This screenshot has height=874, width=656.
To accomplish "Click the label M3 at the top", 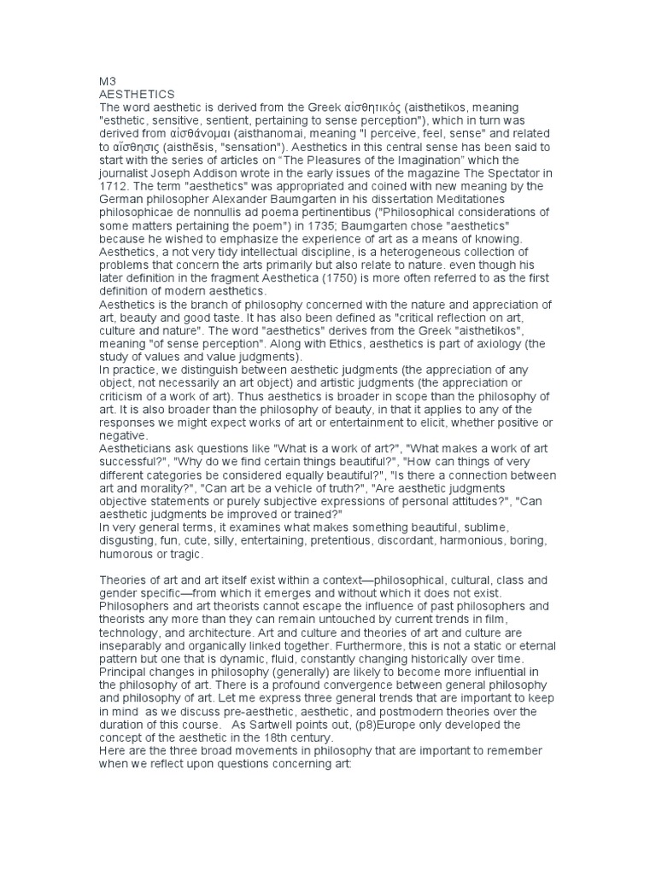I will pyautogui.click(x=108, y=79).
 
